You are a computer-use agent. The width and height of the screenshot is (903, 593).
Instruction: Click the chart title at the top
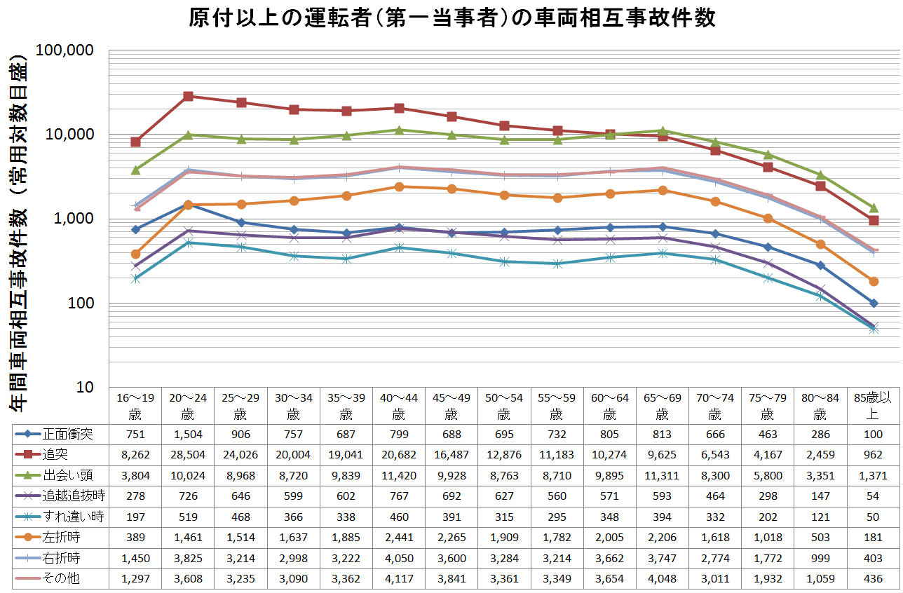(x=451, y=18)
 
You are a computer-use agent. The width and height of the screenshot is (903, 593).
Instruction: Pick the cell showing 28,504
(x=188, y=454)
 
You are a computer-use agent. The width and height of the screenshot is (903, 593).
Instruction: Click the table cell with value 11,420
(x=398, y=475)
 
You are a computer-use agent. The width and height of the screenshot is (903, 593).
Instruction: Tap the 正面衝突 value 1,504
(x=188, y=434)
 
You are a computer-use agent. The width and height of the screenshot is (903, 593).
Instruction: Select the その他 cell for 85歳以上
(x=873, y=580)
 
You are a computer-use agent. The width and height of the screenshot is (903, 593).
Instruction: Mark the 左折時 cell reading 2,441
(x=398, y=538)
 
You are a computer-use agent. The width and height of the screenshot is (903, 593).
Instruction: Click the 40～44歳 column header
(x=398, y=405)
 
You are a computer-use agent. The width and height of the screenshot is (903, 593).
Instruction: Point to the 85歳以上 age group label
(x=873, y=405)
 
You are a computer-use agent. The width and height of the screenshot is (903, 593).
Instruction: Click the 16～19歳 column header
(x=135, y=405)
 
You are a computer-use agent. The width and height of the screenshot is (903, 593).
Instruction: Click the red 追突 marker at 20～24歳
(x=188, y=96)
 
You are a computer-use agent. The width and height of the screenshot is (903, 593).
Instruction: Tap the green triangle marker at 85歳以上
(x=874, y=207)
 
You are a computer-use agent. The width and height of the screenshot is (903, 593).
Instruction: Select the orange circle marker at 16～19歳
(x=135, y=254)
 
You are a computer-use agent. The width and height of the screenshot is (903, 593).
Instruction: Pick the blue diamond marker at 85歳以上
(x=874, y=303)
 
